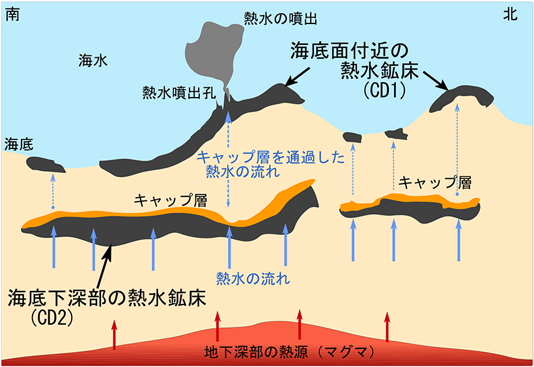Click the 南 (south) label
click(x=12, y=14)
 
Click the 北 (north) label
click(x=510, y=14)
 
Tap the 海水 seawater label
click(x=93, y=61)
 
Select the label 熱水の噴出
click(x=280, y=19)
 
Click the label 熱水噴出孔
click(x=179, y=92)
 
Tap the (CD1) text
click(x=384, y=90)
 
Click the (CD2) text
click(x=51, y=318)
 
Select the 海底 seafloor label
click(x=19, y=144)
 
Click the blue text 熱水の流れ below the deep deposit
click(x=253, y=279)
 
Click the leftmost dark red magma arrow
click(x=115, y=334)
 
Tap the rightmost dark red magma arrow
click(x=387, y=326)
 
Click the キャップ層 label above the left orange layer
click(x=170, y=200)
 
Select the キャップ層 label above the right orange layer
click(x=435, y=182)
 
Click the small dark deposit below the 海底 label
click(x=46, y=165)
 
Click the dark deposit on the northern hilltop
click(x=462, y=98)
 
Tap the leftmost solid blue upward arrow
click(x=53, y=247)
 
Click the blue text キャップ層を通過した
click(x=271, y=157)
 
